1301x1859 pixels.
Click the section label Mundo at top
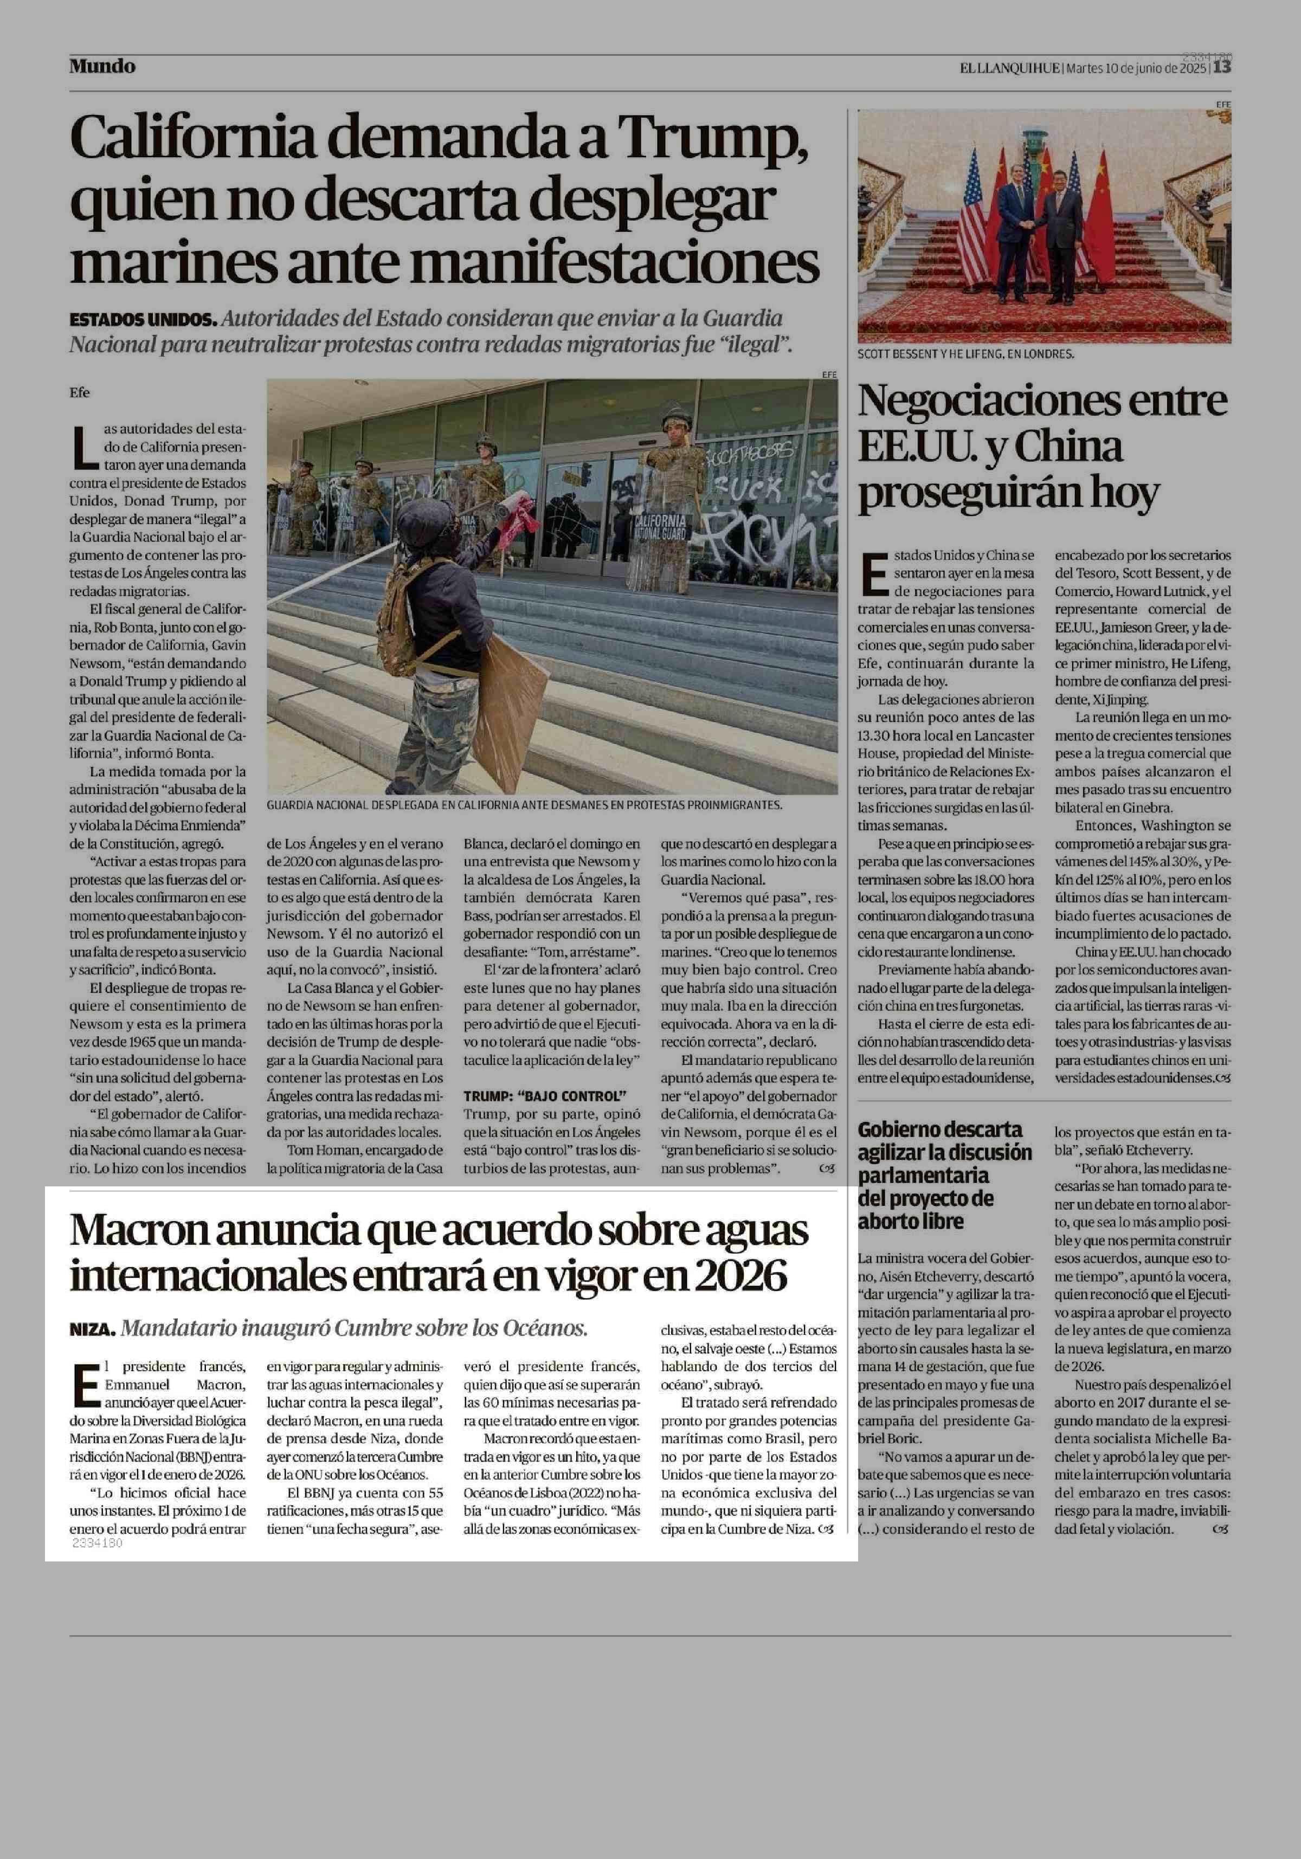click(x=102, y=66)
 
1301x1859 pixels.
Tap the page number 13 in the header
click(x=1222, y=68)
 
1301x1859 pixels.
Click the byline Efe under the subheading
click(x=79, y=393)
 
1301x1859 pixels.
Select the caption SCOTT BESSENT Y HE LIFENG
click(x=966, y=354)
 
